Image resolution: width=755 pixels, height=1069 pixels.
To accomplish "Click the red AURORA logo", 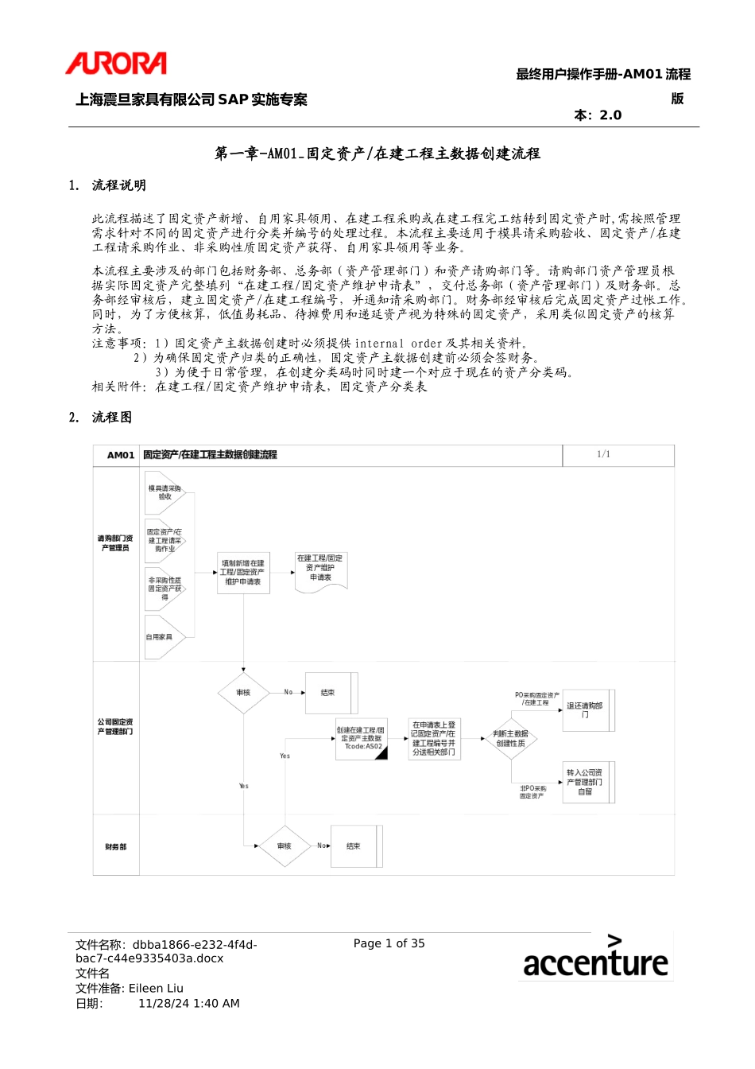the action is pos(116,64).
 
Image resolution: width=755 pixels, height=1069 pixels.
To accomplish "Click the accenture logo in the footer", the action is pos(595,957).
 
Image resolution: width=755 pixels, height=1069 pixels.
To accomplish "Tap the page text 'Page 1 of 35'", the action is pos(389,943).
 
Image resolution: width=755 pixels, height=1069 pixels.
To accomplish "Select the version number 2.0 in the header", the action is pos(610,115).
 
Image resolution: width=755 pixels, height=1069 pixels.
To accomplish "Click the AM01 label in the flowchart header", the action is pos(121,455).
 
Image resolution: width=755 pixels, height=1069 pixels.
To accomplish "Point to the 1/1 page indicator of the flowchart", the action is pos(604,454).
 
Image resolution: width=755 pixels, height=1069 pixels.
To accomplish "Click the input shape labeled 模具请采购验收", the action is pos(165,493).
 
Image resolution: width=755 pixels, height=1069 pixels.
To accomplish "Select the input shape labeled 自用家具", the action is pos(161,637).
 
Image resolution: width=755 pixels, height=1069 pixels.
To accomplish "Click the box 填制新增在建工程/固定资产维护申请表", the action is pos(243,573).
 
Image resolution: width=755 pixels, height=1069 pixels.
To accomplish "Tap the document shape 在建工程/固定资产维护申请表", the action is pos(320,569).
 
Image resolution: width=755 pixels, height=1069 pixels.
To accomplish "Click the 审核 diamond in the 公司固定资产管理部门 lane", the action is pos(243,693).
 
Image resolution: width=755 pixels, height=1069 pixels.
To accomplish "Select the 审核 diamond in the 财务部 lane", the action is pos(284,846).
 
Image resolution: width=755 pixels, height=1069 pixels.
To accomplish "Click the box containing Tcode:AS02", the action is pos(361,738).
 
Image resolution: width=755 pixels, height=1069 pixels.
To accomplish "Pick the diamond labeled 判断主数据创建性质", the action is pos(510,739).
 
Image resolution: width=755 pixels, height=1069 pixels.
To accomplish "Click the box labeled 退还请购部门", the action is pos(587,709).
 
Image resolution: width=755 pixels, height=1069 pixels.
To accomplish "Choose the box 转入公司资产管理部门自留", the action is pos(587,782).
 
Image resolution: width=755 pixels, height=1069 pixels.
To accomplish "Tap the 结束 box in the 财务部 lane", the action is pos(355,846).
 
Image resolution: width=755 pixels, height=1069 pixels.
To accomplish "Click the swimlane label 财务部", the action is pos(116,847).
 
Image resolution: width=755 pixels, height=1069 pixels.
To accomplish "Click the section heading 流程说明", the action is pos(119,185).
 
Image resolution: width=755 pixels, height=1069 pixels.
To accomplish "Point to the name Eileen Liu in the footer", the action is pos(156,989).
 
